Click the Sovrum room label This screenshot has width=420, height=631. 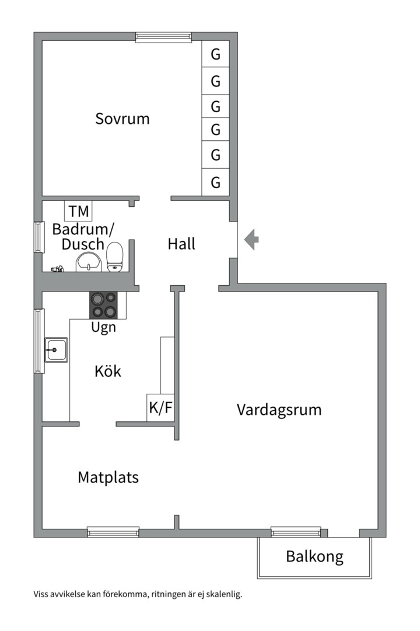(x=123, y=119)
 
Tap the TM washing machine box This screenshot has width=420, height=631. (x=78, y=211)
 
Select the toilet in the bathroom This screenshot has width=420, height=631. (x=115, y=257)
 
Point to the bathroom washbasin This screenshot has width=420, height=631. (x=89, y=262)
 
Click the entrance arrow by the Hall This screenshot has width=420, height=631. (x=251, y=240)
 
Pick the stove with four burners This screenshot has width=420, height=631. (x=103, y=304)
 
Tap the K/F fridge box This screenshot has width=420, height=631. (x=160, y=407)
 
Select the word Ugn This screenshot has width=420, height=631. (x=103, y=327)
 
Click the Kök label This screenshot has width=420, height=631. (x=108, y=371)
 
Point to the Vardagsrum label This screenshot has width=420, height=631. (x=279, y=410)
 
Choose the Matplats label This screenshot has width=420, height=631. (x=108, y=477)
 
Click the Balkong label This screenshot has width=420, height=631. (x=314, y=556)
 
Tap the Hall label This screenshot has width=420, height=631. (x=181, y=244)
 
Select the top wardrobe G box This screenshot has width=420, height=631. (x=216, y=55)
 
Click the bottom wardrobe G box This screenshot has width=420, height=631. (x=216, y=183)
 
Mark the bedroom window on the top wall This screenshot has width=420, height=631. (x=163, y=37)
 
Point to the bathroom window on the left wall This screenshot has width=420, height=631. (x=38, y=237)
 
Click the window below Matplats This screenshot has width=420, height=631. (x=113, y=532)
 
